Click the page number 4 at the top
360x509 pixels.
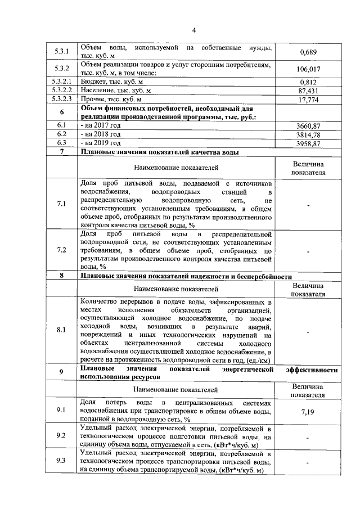tap(192, 30)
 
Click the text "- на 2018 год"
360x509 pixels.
tap(101, 135)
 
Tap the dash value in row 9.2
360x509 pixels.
tap(308, 436)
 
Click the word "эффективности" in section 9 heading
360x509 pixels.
tap(312, 370)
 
